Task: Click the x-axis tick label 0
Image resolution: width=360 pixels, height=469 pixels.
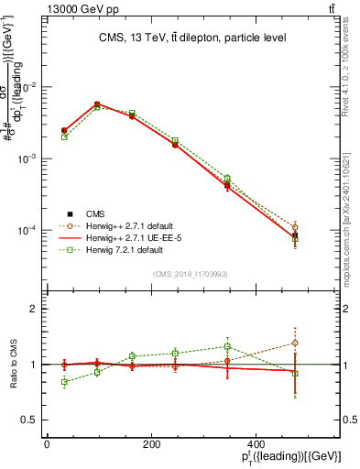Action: (47, 444)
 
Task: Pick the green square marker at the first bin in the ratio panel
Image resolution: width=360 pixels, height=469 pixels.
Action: (64, 381)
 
